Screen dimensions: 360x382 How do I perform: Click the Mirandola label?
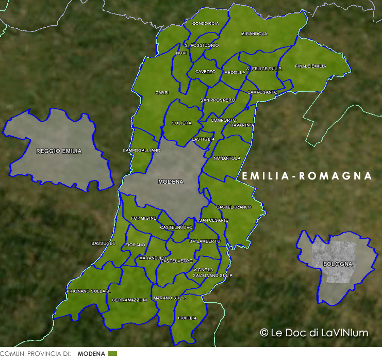pos(254,34)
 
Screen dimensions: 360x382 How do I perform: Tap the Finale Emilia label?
pos(310,66)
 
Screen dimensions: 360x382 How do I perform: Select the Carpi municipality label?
pos(162,93)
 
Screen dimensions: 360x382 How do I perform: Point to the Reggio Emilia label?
pos(59,151)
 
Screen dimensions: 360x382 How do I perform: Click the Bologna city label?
pos(338,264)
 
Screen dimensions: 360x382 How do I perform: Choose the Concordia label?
pos(205,24)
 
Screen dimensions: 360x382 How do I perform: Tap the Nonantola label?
pos(227,158)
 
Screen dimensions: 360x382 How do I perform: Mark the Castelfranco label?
pos(234,207)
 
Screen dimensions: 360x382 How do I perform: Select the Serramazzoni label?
pos(129,300)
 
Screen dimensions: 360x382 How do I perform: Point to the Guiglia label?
pos(187,318)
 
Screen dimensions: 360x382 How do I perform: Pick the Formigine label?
pos(143,218)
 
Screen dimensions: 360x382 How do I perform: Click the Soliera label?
pos(181,123)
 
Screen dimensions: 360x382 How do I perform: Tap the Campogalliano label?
pos(141,150)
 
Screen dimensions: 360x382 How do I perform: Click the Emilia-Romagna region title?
pos(307,176)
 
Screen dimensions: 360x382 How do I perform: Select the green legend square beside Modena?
pos(112,354)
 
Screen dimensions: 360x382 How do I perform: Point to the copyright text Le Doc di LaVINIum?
pos(314,333)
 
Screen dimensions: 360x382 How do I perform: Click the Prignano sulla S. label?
pos(89,291)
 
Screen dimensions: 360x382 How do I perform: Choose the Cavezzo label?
pos(205,72)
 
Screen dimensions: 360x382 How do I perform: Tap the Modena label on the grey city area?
pos(170,182)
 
